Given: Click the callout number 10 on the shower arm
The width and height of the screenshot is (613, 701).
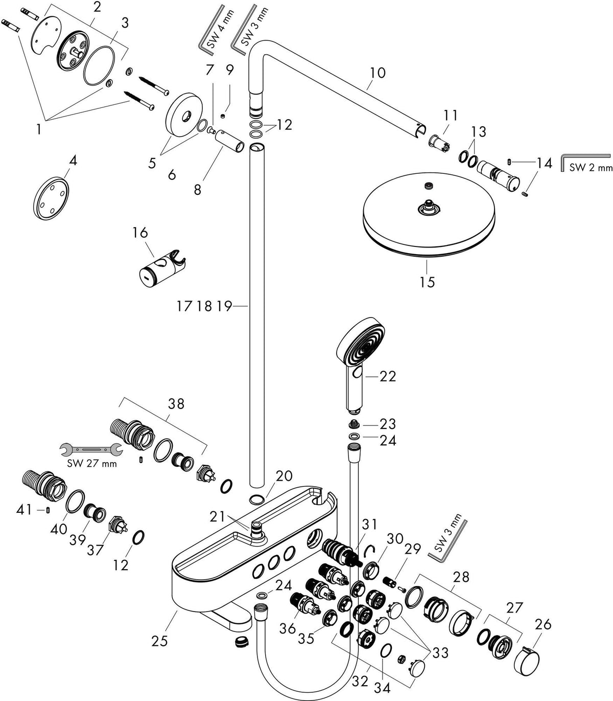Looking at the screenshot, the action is point(378,73).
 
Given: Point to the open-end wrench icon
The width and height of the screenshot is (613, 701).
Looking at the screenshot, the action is point(91,449).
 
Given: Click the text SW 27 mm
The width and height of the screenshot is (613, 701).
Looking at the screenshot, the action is point(92,464).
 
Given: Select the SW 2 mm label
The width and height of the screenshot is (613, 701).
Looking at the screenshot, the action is point(591,168).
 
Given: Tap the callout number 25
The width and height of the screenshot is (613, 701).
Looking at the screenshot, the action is point(160,641).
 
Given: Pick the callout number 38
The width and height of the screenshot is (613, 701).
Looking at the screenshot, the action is point(176,404).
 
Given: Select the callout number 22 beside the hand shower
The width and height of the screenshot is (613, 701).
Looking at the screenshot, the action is point(388,376).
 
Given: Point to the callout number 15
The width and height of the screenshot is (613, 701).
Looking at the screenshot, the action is point(428,282).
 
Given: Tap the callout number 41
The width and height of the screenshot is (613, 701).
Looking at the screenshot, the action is point(25,509).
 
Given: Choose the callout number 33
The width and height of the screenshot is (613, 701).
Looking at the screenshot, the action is point(441,653).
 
